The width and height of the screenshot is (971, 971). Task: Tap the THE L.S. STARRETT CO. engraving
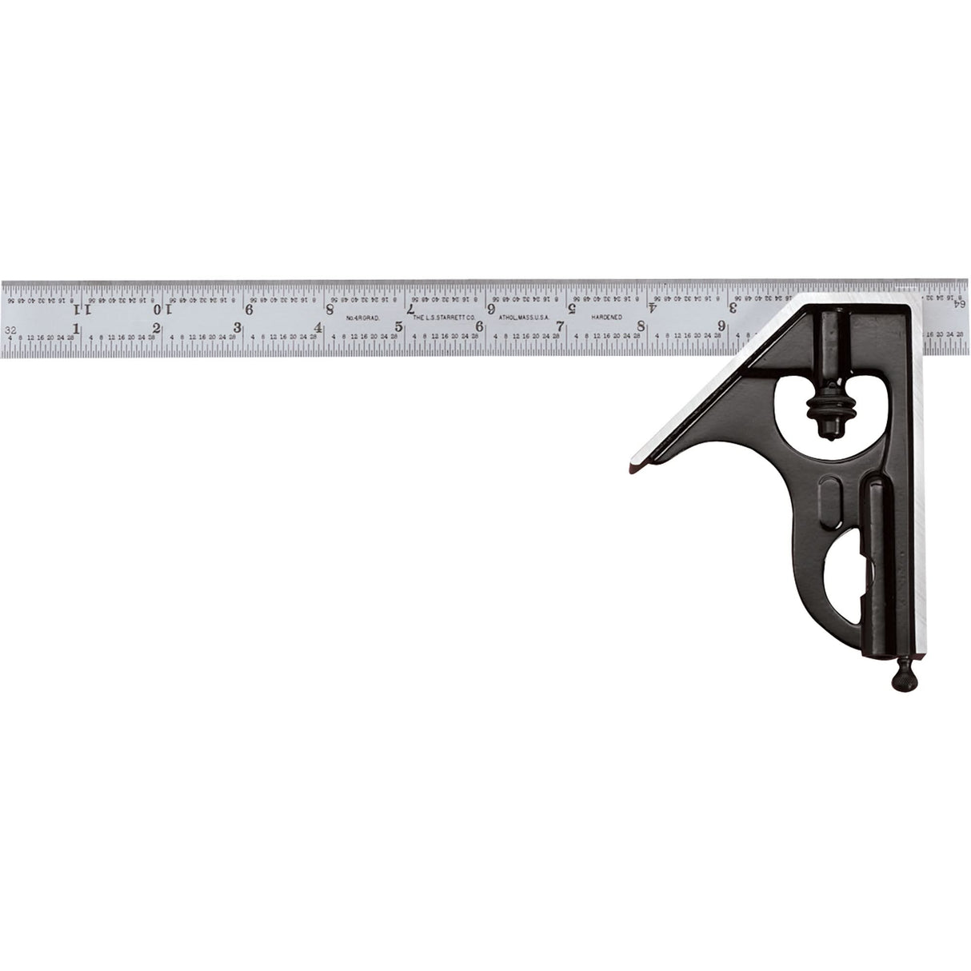443,318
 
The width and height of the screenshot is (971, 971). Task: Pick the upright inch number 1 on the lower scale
76,329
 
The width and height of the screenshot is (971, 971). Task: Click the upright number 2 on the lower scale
157,328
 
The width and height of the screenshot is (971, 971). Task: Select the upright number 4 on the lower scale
318,327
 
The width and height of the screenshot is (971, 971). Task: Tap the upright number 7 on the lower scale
561,326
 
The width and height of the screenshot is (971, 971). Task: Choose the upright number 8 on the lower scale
641,326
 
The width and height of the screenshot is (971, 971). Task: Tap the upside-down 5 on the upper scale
572,306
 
